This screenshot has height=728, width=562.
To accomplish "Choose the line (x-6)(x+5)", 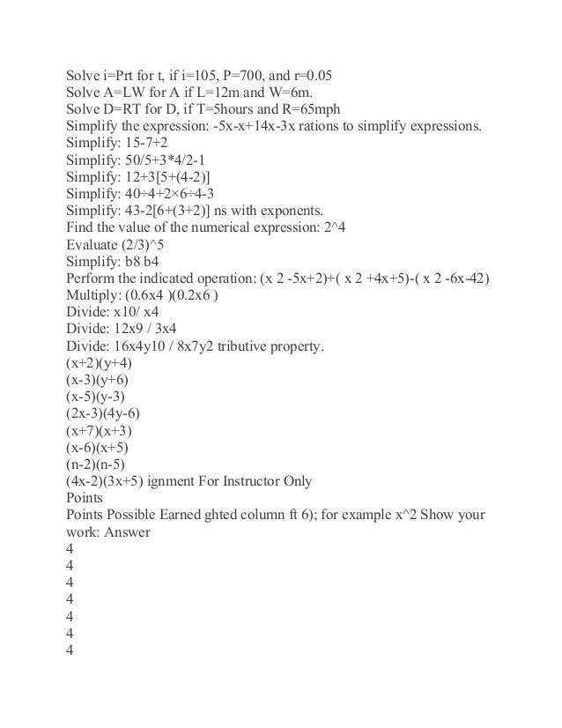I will (101, 449).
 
